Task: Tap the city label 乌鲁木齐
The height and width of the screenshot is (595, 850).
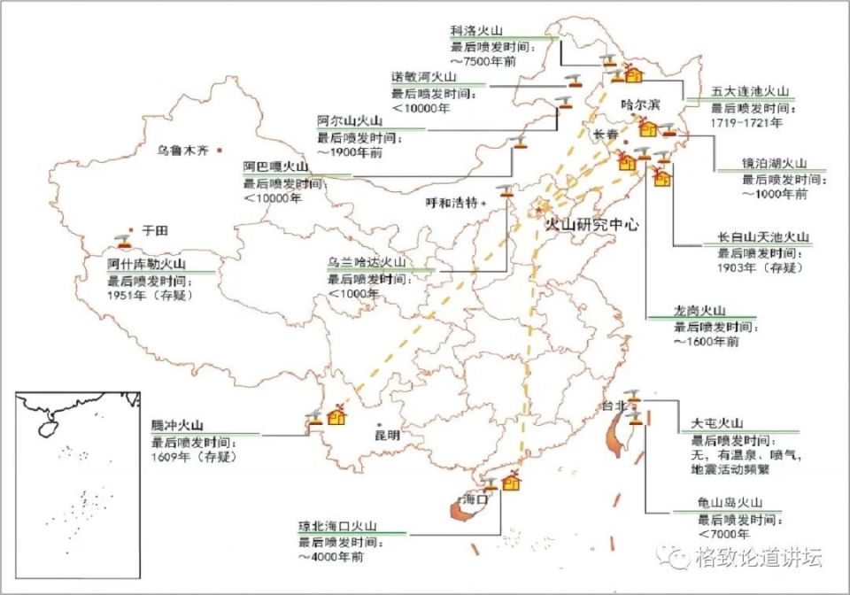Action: pos(182,151)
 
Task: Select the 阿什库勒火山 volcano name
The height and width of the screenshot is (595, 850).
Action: pos(147,263)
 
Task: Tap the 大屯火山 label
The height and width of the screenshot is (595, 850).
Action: pos(718,423)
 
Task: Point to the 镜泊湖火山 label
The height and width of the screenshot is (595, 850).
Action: pos(774,164)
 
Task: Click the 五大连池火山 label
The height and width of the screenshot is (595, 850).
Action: pos(749,91)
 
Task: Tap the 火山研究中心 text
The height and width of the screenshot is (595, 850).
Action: pos(591,224)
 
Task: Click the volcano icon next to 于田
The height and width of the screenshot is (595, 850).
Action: pos(121,239)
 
